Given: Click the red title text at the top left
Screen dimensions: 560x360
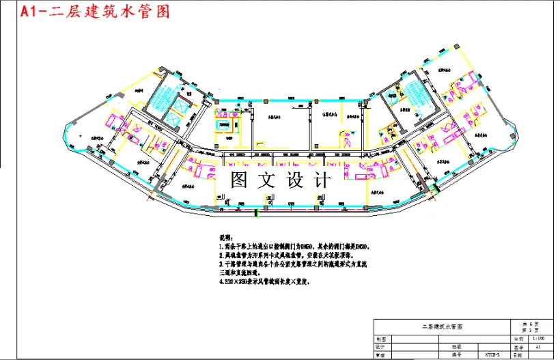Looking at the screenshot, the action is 96,12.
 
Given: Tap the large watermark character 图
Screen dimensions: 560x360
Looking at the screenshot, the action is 240,180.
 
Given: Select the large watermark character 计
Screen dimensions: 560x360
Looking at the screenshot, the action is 319,180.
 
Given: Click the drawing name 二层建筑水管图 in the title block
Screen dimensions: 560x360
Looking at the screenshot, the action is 442,327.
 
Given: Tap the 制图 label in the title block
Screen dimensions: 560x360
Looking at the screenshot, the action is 381,338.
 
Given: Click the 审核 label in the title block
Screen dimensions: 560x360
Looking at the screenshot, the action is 381,355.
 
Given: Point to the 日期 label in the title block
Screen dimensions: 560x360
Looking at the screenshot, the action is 518,355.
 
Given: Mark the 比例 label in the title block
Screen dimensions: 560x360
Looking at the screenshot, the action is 518,338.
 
